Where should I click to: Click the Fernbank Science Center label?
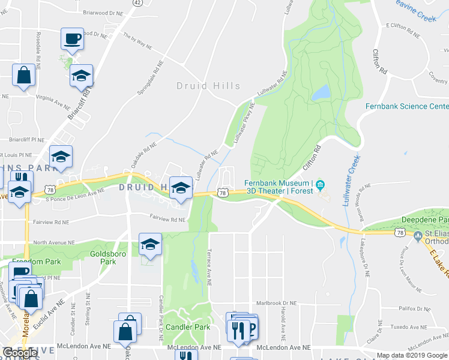click(x=406, y=106)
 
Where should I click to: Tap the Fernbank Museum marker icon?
click(x=320, y=184)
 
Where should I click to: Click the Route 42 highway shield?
click(x=137, y=3)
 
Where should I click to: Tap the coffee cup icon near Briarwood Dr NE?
click(x=73, y=39)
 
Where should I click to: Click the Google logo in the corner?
click(x=20, y=353)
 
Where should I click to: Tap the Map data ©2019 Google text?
click(x=412, y=355)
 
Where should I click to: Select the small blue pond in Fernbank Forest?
click(x=320, y=92)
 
